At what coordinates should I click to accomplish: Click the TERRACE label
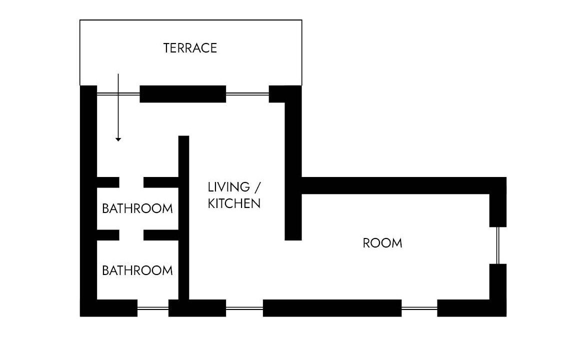pos(190,48)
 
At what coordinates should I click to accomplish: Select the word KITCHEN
pos(234,203)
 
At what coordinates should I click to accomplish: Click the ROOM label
pos(382,243)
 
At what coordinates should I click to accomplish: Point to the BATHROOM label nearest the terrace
pos(137,208)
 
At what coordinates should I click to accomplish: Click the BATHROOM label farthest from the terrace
pos(137,270)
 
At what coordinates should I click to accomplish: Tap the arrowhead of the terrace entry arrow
pos(118,139)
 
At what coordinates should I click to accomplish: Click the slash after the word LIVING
pos(257,187)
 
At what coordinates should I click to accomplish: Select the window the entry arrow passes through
pos(118,94)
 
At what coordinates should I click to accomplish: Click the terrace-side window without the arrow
pos(247,94)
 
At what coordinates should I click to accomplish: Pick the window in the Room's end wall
pos(498,245)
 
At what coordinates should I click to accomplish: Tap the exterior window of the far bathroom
pos(153,308)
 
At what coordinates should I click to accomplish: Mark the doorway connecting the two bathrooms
pos(131,235)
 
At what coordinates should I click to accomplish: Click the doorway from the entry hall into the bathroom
pos(131,182)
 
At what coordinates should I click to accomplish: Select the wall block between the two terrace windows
pos(183,94)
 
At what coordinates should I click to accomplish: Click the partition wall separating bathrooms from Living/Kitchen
pos(184,218)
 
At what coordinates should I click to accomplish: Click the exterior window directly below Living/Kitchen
pos(244,308)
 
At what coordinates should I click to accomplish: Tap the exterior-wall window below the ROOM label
pos(419,308)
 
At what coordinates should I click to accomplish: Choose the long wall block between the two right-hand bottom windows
pos(332,308)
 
